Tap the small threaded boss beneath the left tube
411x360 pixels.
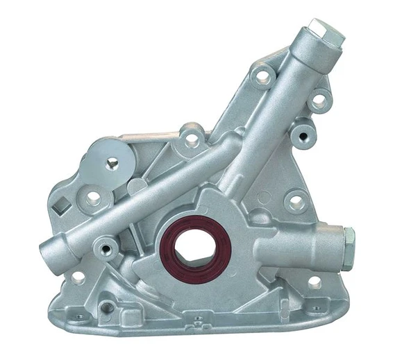click(106, 246)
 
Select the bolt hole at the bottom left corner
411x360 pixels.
click(78, 277)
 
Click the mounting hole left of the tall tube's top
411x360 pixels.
click(263, 77)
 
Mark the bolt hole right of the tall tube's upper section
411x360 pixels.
click(318, 102)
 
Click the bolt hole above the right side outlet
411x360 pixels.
click(296, 202)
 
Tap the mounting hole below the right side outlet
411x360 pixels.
click(314, 282)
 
